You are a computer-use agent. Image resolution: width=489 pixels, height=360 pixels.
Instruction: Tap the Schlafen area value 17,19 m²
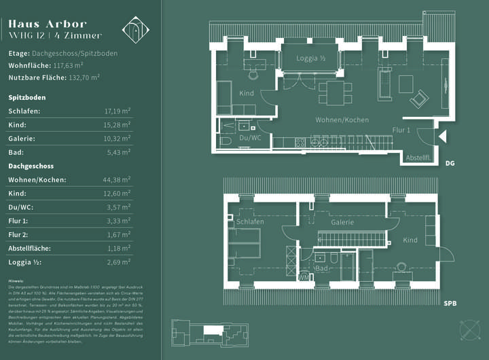(x=117, y=111)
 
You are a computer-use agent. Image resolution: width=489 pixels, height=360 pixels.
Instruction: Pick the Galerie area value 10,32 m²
(x=117, y=139)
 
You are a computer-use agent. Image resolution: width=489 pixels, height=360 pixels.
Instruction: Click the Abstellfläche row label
(x=31, y=249)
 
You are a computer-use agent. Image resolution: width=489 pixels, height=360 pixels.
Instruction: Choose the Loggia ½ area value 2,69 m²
(x=119, y=262)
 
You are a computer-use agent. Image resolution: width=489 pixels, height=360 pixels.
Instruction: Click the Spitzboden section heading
(x=27, y=97)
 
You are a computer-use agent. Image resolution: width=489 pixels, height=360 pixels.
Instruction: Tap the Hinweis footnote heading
(x=16, y=281)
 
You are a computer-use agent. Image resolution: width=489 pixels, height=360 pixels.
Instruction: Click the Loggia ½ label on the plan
(x=311, y=58)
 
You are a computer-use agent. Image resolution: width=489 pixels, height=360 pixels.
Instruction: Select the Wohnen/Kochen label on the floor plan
(x=342, y=120)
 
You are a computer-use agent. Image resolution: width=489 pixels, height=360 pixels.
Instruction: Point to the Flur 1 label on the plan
(x=401, y=130)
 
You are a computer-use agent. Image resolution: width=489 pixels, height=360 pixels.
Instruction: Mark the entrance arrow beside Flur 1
(x=442, y=137)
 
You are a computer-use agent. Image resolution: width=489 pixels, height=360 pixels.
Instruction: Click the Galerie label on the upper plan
(x=342, y=222)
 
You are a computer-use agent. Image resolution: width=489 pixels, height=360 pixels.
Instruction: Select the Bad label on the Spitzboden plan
(x=322, y=269)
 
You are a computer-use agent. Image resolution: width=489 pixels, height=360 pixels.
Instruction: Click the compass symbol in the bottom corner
(x=469, y=329)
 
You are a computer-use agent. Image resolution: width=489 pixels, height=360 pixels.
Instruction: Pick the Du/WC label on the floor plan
(x=251, y=138)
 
